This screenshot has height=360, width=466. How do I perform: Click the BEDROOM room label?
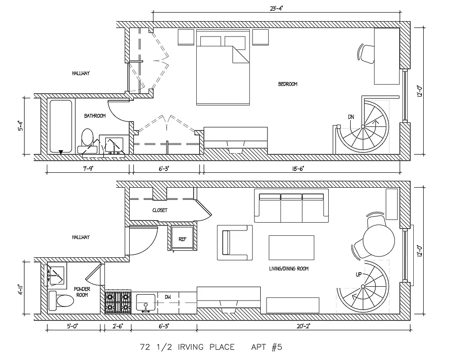287,84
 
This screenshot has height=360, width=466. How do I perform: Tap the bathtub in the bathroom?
60,126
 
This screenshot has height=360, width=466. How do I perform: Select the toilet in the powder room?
60,300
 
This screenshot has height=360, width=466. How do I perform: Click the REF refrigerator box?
182,238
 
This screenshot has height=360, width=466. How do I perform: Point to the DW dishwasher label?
167,297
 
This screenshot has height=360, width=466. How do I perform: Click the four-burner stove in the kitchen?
118,302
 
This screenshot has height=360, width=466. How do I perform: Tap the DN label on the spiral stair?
351,117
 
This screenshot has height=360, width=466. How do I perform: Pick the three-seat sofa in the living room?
291,206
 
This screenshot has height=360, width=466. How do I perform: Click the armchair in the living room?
235,242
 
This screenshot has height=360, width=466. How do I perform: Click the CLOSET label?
160,210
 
